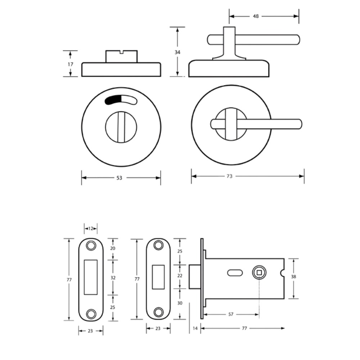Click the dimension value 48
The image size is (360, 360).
(256, 16)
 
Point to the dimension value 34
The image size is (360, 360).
(177, 52)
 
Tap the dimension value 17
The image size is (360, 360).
(70, 64)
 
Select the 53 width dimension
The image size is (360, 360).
(119, 178)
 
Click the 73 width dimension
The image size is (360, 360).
(229, 176)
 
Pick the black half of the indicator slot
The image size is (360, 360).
(113, 100)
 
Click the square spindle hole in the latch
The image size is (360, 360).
(259, 273)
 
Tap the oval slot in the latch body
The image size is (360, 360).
(235, 273)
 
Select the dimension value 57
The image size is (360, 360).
(231, 314)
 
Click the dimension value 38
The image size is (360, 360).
(293, 276)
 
